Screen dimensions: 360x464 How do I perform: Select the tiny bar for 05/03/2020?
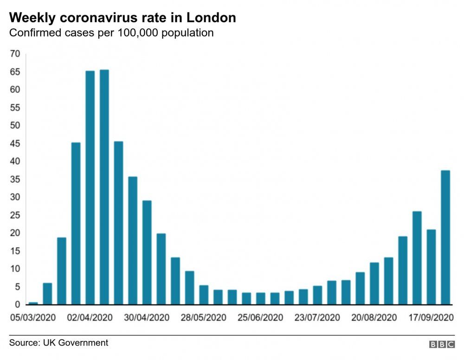pyautogui.click(x=33, y=303)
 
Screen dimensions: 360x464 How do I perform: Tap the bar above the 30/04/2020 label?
pyautogui.click(x=147, y=253)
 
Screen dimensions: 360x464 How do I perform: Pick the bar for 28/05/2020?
pyautogui.click(x=204, y=295)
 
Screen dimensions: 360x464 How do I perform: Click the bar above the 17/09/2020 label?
pyautogui.click(x=431, y=267)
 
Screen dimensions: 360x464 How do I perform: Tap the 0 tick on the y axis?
pyautogui.click(x=17, y=305)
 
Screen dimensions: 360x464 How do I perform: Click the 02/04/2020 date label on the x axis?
pyautogui.click(x=90, y=318)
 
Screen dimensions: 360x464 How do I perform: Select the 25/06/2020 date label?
pyautogui.click(x=260, y=318)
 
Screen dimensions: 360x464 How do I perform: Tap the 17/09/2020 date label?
pyautogui.click(x=431, y=318)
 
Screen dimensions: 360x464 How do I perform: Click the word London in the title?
pyautogui.click(x=211, y=18)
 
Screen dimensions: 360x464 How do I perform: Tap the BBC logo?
pyautogui.click(x=442, y=344)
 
